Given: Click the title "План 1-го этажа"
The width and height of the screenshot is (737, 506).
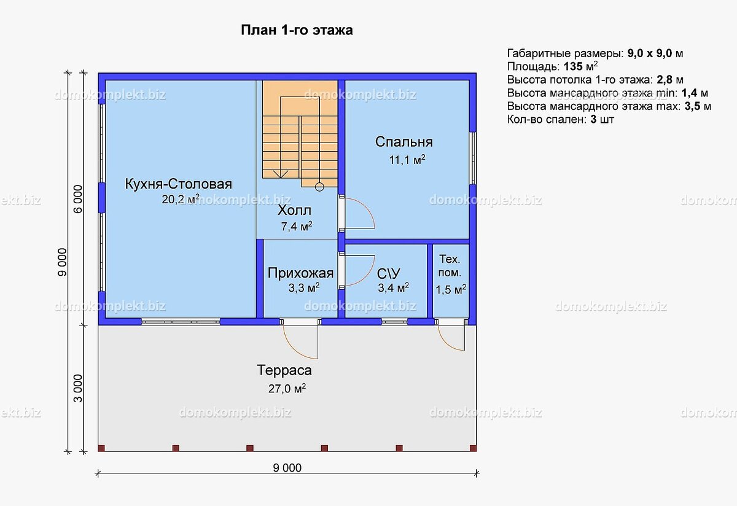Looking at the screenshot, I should point(296,30).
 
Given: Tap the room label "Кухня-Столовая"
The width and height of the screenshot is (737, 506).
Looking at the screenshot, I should point(178,184).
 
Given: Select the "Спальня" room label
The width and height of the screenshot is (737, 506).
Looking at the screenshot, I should point(404,142).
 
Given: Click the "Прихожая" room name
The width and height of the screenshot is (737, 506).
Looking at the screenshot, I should point(300,273).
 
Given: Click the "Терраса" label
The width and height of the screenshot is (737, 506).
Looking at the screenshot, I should point(284,370).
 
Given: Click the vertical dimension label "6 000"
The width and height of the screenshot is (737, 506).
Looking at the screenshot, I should point(77,198).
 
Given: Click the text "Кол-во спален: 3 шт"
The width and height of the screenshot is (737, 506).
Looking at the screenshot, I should point(560,120).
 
